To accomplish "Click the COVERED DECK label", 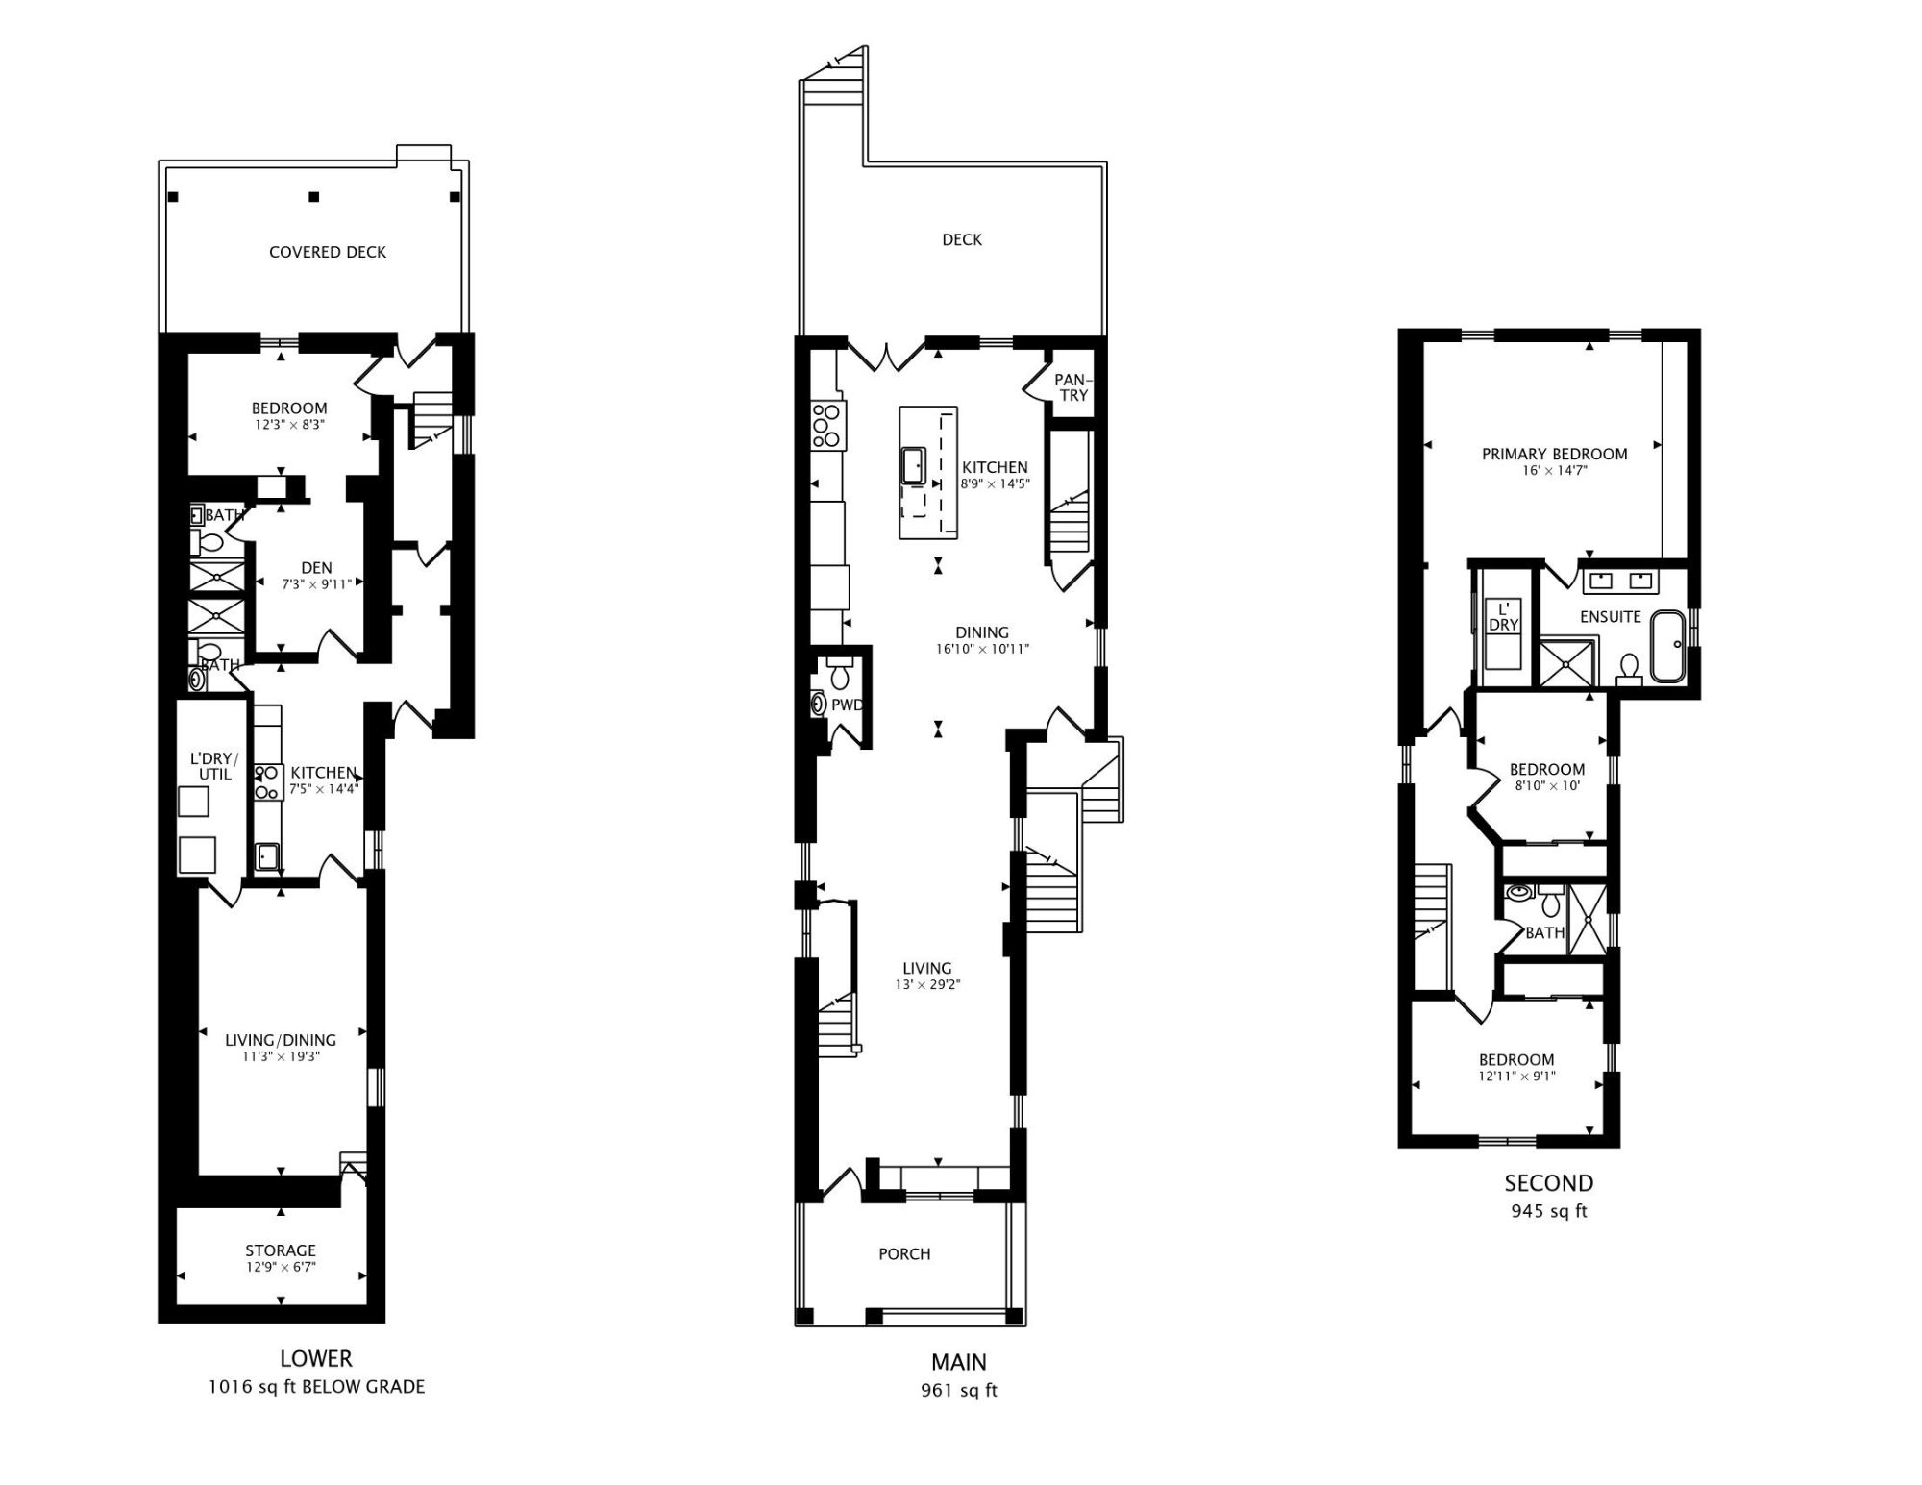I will click(x=327, y=252).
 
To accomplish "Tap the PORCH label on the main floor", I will click(x=903, y=1253).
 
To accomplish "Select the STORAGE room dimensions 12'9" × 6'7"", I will click(x=280, y=1267).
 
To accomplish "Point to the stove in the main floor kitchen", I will click(x=827, y=426).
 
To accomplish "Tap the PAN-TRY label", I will click(x=1072, y=387).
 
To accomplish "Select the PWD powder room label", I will click(x=847, y=705).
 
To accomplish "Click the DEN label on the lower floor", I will click(x=316, y=568).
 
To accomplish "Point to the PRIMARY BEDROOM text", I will click(x=1554, y=454).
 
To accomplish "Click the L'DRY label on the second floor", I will click(x=1503, y=616).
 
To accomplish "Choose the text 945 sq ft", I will click(x=1548, y=1211).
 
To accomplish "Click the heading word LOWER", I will click(x=315, y=1358).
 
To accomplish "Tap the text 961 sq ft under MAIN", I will click(x=958, y=1390).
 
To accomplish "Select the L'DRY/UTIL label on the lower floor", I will click(x=213, y=766).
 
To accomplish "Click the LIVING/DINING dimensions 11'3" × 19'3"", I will click(x=280, y=1056).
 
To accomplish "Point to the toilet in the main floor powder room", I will click(x=840, y=675).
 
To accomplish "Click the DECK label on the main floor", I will click(x=961, y=239).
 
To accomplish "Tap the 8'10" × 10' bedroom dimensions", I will click(x=1546, y=785).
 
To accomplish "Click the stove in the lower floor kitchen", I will click(x=268, y=781).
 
